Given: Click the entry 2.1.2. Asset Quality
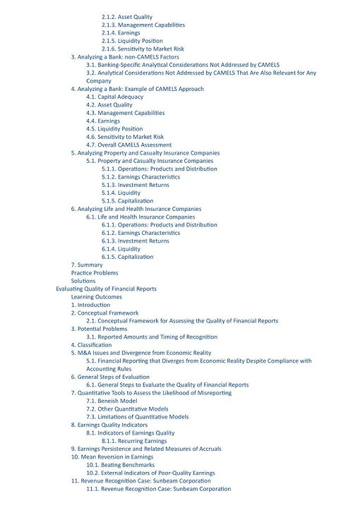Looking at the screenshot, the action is point(126,17).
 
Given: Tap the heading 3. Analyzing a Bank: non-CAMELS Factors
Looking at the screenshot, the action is point(125,57).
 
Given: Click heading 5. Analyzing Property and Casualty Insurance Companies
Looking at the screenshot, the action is point(145,153).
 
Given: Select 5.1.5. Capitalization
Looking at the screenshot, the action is point(127,201).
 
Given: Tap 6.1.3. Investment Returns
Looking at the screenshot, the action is point(135,241).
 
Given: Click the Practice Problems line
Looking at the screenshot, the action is point(95,273).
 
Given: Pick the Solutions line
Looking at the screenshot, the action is point(83,281).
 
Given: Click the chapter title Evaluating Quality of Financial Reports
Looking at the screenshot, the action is point(106,289).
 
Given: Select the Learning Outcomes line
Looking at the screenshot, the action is point(97,297).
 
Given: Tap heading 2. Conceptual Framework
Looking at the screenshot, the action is point(104,313).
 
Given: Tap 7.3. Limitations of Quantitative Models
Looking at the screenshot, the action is point(138,417).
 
